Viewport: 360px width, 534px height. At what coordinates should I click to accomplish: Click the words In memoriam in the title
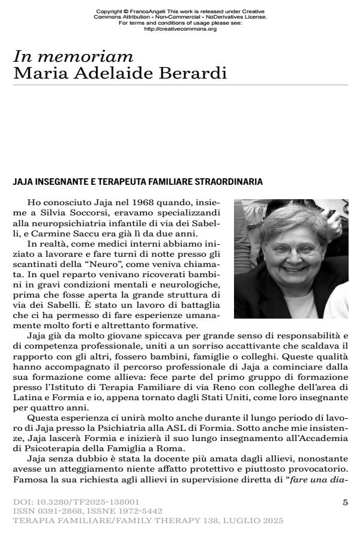click(73, 57)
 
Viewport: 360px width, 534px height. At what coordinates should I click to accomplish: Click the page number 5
click(345, 501)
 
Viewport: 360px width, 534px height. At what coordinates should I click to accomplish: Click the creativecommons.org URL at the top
click(180, 29)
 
